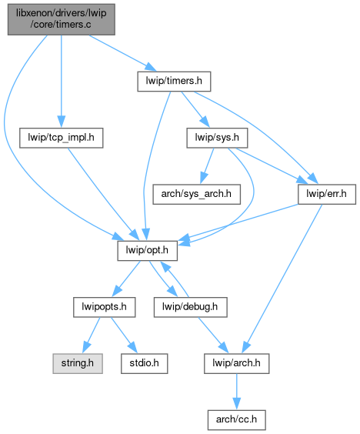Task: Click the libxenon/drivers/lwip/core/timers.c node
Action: [61, 19]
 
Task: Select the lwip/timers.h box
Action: [174, 82]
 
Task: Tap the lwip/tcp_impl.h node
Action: [61, 138]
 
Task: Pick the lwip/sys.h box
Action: [217, 138]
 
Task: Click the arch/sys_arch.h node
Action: [196, 195]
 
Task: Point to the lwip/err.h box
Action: [326, 195]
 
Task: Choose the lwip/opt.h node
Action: [147, 251]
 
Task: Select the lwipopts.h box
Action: [105, 307]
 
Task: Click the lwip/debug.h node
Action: [190, 307]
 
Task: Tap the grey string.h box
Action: [78, 364]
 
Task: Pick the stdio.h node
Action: [144, 364]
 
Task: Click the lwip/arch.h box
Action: [237, 364]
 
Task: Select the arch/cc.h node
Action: [237, 420]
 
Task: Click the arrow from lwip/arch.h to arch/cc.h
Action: [237, 392]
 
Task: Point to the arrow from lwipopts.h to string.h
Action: [91, 336]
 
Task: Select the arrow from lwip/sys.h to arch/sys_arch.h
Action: [207, 165]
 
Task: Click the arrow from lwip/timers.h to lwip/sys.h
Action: [195, 109]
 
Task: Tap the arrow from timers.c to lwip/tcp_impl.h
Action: [61, 82]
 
